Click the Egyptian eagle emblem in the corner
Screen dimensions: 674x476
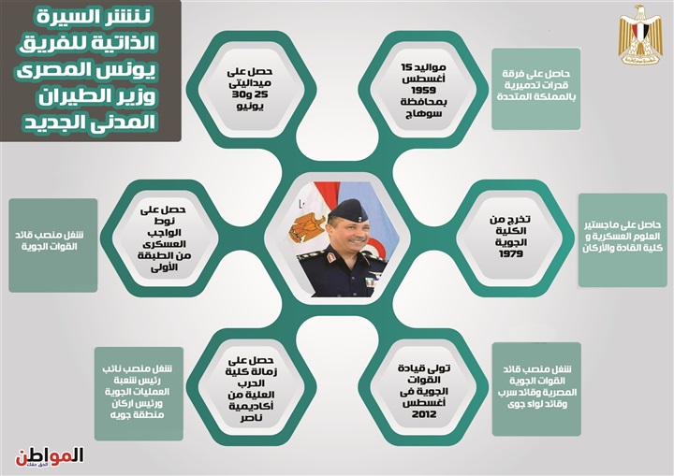tap(639, 36)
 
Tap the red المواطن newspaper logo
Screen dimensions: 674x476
tap(50, 457)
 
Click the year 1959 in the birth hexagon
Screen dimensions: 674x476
tap(423, 90)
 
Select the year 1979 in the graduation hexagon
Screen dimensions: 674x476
tap(511, 253)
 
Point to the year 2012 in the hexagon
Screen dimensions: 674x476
tap(424, 414)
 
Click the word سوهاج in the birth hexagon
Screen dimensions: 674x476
tap(423, 114)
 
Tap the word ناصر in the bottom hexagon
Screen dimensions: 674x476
tap(252, 418)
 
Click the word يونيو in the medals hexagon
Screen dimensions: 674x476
tap(250, 106)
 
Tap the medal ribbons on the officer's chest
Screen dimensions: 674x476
tap(370, 281)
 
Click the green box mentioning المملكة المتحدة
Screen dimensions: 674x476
tap(536, 89)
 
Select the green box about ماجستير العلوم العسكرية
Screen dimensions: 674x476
tap(623, 240)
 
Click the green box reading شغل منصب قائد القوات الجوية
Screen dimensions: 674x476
tap(52, 245)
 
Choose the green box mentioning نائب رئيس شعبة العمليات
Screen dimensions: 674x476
tap(139, 394)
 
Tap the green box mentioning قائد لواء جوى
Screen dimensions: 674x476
tap(536, 389)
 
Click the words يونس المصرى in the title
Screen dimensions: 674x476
tap(86, 69)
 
